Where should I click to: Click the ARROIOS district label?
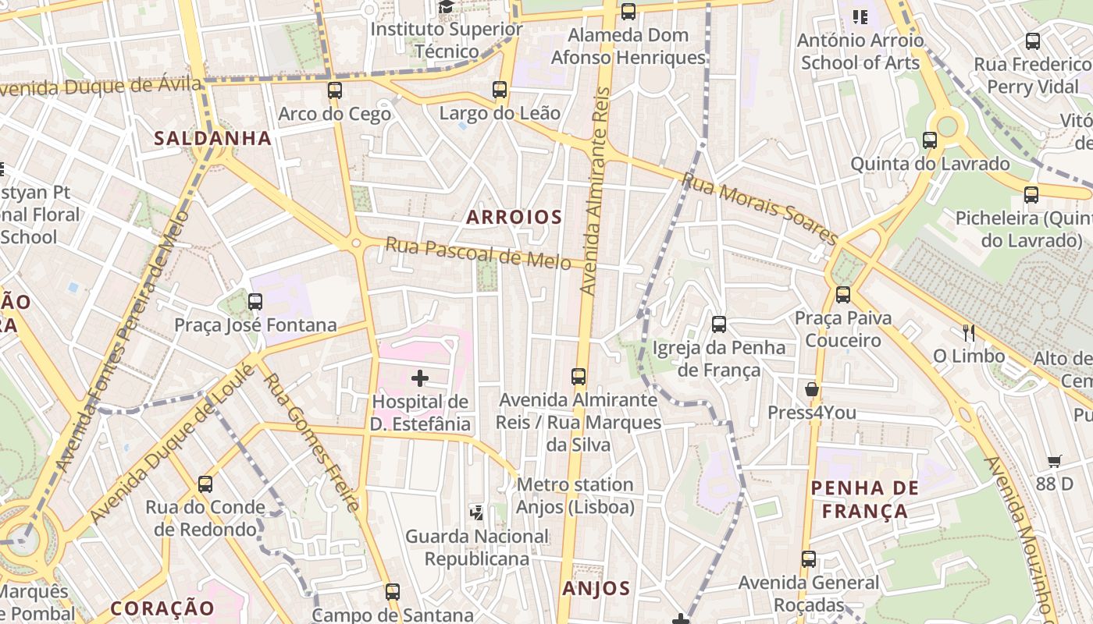pos(514,218)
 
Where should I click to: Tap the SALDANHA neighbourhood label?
pos(212,139)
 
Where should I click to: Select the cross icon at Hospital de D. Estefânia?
pos(420,379)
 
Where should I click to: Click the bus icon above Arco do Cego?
pos(335,90)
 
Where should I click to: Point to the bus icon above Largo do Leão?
pos(500,90)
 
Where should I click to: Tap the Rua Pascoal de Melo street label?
pos(478,253)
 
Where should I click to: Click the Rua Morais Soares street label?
pos(759,207)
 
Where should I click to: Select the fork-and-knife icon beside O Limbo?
pos(969,333)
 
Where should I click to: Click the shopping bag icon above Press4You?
pos(812,389)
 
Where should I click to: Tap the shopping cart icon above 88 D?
pos(1054,461)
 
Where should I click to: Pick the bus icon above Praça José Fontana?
pos(255,302)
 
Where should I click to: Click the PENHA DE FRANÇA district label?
pos(865,500)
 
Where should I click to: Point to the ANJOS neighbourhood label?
pos(596,589)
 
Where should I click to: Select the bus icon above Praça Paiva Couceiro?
pos(843,295)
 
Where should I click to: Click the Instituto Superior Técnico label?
pos(447,40)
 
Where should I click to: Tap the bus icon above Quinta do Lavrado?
pos(930,140)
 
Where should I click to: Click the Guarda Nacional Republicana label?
pos(476,548)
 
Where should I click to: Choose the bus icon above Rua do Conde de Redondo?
pos(205,484)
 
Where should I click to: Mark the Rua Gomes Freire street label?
pos(310,442)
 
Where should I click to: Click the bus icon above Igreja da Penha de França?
pos(719,324)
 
